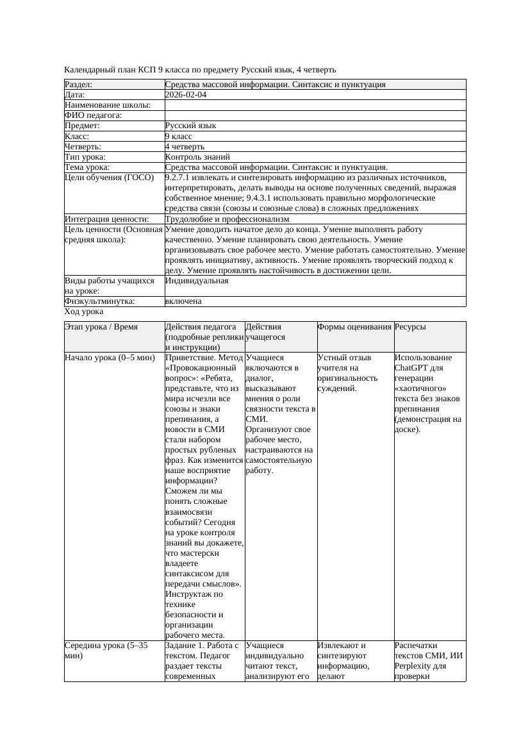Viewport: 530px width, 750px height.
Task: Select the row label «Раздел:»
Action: tap(79, 85)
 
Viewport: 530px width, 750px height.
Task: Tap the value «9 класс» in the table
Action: tap(179, 137)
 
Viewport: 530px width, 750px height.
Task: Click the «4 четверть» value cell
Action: tap(185, 147)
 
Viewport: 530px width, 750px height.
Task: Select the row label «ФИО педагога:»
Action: tap(94, 115)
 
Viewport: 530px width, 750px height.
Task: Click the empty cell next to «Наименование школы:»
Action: tap(315, 105)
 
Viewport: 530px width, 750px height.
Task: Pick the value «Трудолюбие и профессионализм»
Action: tap(227, 219)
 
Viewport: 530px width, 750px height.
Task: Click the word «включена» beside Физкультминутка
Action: tap(183, 301)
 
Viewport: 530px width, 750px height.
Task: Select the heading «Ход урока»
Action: tap(84, 312)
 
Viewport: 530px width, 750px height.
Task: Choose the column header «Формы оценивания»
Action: tap(354, 327)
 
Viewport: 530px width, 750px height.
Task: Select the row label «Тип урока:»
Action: tap(85, 157)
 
